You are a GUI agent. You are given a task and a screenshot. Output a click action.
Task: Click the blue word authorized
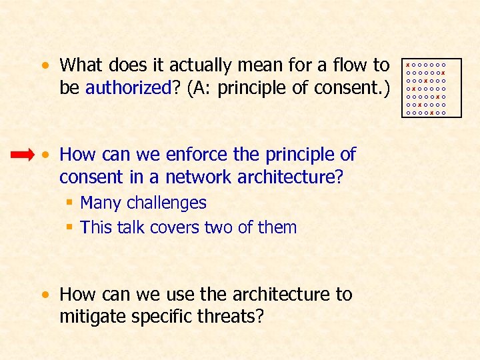pos(129,89)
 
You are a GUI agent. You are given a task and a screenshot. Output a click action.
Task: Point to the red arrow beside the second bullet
pos(22,155)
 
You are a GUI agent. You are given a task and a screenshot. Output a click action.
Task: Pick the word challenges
pos(166,203)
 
